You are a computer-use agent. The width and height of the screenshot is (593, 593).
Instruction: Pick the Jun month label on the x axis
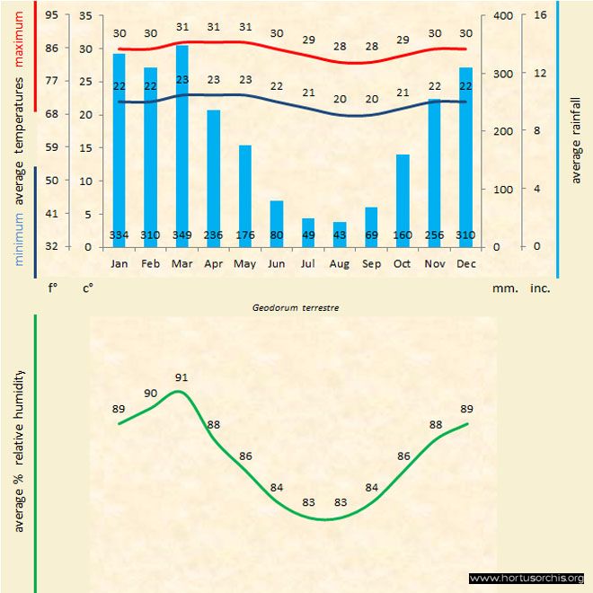pos(276,264)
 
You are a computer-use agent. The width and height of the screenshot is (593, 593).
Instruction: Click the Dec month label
pos(465,264)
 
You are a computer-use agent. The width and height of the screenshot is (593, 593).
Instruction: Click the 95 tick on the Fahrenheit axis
pos(51,15)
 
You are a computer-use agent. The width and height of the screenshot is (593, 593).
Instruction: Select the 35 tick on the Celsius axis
pos(85,15)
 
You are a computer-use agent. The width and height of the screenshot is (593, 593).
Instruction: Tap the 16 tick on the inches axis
pos(539,15)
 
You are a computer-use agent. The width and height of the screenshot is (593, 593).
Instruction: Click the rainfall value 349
pos(182,235)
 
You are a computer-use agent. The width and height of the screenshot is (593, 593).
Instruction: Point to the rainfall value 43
pos(340,235)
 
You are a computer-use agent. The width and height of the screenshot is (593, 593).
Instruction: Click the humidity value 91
pos(182,377)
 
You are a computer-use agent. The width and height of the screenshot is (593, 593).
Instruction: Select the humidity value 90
pos(151,393)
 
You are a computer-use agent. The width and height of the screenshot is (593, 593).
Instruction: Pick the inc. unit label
pos(539,289)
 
